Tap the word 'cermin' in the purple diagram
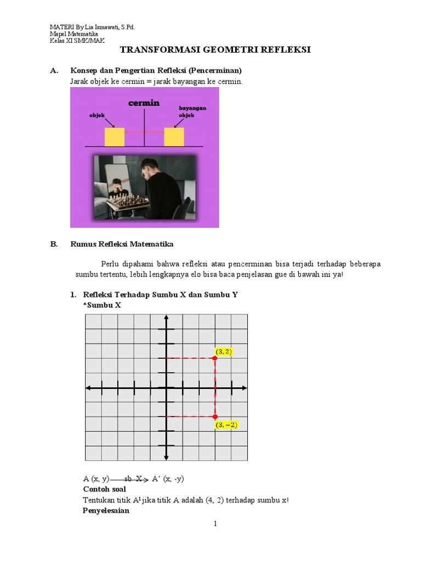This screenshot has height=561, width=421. pos(144,102)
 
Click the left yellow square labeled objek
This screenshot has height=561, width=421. pos(115,137)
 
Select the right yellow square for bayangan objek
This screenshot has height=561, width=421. pos(174,137)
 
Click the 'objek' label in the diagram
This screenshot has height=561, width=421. pos(96,116)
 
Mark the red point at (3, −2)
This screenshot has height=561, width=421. pos(215,416)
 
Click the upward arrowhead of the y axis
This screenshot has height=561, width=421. pos(166,319)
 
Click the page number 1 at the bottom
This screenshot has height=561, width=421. pos(215,524)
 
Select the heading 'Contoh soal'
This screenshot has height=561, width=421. pos(104,489)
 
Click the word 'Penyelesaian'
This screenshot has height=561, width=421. pos(106,511)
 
